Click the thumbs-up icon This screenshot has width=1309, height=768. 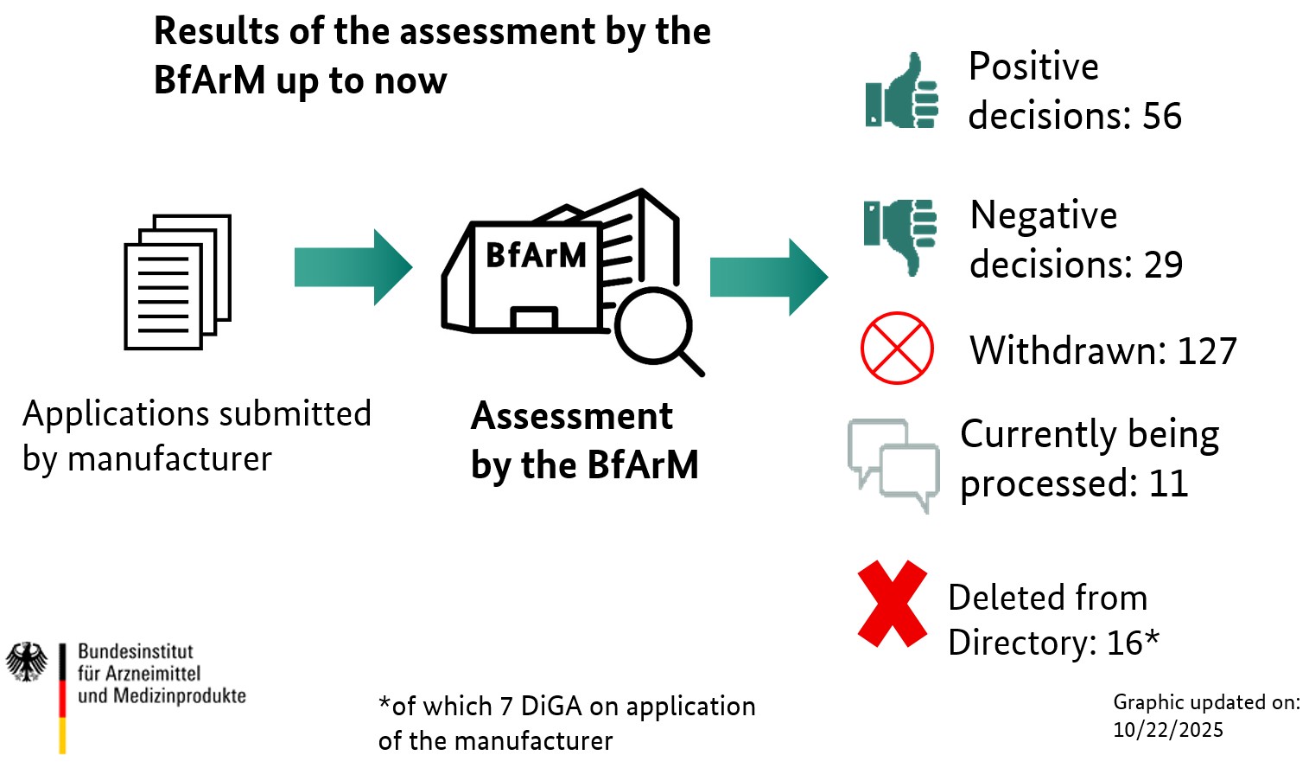pyautogui.click(x=902, y=93)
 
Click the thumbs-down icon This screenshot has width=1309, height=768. pyautogui.click(x=901, y=235)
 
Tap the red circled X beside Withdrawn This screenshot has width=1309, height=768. pyautogui.click(x=897, y=348)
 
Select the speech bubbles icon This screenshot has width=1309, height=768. pyautogui.click(x=893, y=464)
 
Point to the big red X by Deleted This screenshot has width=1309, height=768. pyautogui.click(x=893, y=603)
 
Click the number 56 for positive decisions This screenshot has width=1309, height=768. pyautogui.click(x=1162, y=116)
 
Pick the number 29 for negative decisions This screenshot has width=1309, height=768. pyautogui.click(x=1163, y=265)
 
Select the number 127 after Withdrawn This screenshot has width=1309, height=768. pyautogui.click(x=1207, y=351)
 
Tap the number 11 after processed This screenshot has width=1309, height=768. pyautogui.click(x=1168, y=483)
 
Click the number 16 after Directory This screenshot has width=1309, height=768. pyautogui.click(x=1125, y=643)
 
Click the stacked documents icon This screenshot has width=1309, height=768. pyautogui.click(x=178, y=282)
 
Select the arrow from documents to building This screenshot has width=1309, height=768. pyautogui.click(x=353, y=266)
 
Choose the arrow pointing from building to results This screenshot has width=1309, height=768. pyautogui.click(x=768, y=277)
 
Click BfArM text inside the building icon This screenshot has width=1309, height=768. pyautogui.click(x=536, y=255)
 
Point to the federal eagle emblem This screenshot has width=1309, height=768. pyautogui.click(x=27, y=662)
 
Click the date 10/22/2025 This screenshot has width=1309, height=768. pyautogui.click(x=1168, y=730)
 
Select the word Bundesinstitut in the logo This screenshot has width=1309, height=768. pyautogui.click(x=136, y=651)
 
